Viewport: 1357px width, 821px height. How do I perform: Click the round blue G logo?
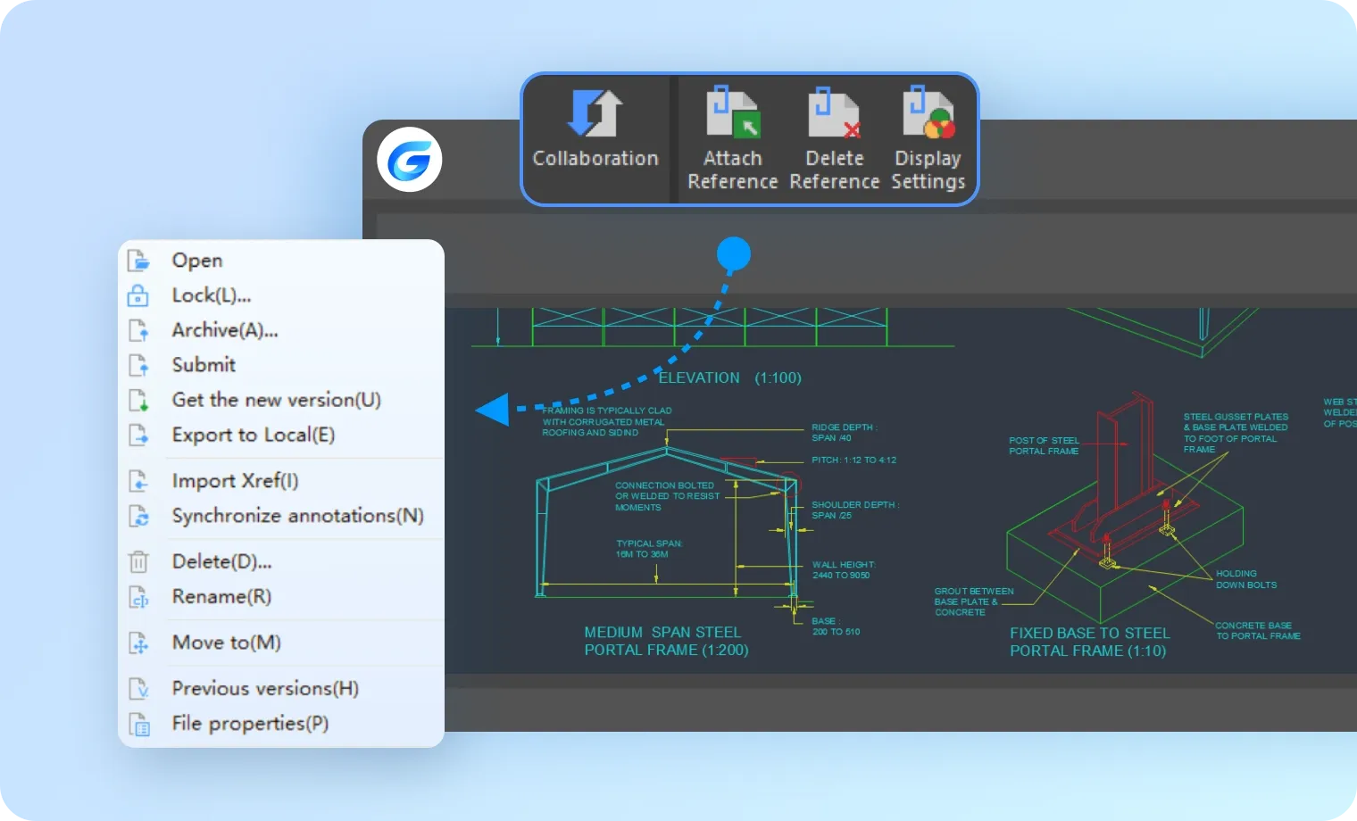tap(410, 160)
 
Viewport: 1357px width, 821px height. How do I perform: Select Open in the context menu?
tap(197, 261)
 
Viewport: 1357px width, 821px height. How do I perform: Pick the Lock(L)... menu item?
tap(211, 295)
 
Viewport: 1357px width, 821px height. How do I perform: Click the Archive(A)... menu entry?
tap(225, 330)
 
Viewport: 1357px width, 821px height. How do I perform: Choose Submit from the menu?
tap(204, 365)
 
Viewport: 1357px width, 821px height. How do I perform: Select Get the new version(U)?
tap(276, 400)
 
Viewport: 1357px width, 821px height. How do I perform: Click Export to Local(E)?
tap(253, 435)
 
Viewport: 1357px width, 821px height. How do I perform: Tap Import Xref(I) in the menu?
tap(235, 481)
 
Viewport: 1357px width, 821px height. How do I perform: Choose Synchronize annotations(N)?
tap(297, 516)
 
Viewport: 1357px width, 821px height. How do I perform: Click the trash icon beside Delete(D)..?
tap(138, 562)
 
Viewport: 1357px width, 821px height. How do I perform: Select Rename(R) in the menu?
tap(221, 597)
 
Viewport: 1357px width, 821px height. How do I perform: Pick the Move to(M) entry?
tap(226, 643)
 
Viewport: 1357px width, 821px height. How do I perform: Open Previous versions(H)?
tap(265, 689)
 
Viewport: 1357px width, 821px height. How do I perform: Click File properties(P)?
tap(250, 724)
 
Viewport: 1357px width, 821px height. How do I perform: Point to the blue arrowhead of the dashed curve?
tap(492, 410)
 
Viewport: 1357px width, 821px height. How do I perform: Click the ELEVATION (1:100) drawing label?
tap(729, 377)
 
